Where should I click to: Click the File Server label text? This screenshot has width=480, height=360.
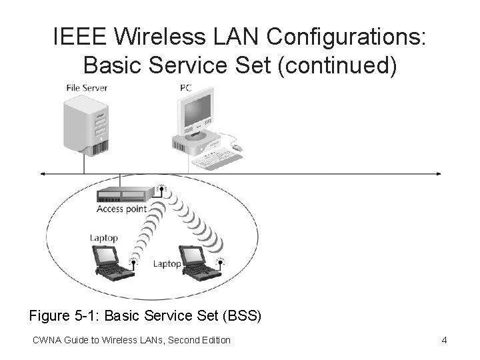tap(87, 88)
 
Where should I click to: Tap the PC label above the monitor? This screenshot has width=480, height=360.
tap(185, 88)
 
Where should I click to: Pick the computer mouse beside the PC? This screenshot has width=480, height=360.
tap(237, 147)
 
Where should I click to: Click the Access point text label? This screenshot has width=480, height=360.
tap(121, 209)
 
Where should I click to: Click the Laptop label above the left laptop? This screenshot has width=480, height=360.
tap(104, 237)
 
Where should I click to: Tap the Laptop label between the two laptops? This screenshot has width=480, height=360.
tap(167, 263)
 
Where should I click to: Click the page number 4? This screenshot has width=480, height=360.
tap(444, 341)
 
